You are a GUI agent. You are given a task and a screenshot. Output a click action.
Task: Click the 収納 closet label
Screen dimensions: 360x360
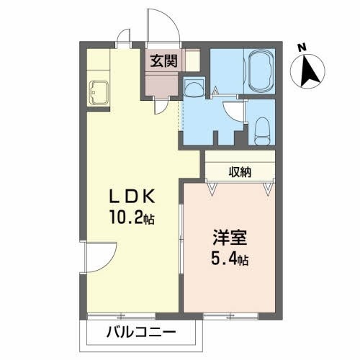click(x=240, y=171)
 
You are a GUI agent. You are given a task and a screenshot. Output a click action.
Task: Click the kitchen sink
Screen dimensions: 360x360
click(x=97, y=93)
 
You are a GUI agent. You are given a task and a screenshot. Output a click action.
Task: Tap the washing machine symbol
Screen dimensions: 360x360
click(x=192, y=87)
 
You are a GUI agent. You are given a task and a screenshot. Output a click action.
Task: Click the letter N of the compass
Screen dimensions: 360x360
click(x=303, y=48)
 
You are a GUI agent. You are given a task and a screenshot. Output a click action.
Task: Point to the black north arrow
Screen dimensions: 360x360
click(x=310, y=71)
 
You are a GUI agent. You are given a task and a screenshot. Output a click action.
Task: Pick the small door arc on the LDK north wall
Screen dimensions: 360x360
click(x=124, y=37)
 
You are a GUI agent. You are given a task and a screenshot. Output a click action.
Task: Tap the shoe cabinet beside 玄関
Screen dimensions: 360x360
click(x=191, y=60)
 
